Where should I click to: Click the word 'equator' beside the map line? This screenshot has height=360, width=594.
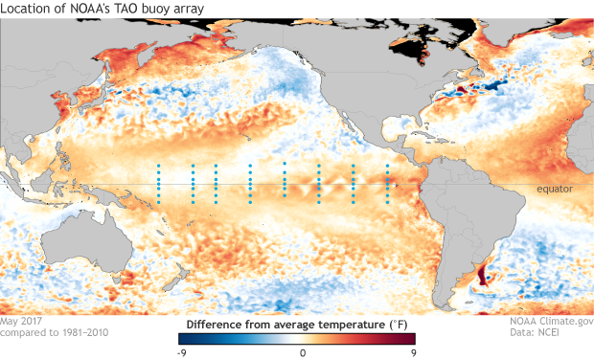coord(554,190)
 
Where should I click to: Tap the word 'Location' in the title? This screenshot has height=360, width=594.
coord(25,9)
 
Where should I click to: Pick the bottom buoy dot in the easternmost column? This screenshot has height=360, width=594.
coord(387,202)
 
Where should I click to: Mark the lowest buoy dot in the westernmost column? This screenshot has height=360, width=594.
coord(159,202)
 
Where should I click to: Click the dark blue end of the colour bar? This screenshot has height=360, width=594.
coord(184,338)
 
